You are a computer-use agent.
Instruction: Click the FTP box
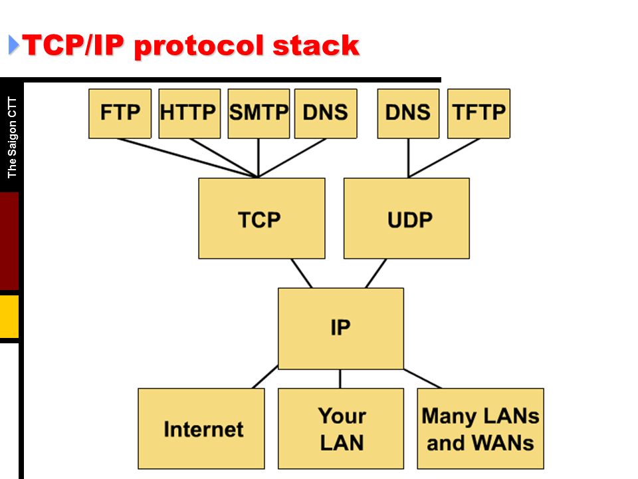[x=120, y=114]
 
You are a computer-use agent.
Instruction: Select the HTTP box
[x=189, y=114]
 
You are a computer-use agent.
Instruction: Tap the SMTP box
[x=259, y=114]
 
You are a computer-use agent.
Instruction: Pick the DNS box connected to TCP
[x=326, y=114]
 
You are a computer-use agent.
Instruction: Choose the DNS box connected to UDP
[x=409, y=114]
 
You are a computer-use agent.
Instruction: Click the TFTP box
[x=479, y=114]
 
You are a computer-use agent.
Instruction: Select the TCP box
[x=262, y=218]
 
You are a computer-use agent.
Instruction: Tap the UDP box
[x=407, y=218]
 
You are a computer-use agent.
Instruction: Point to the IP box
[x=341, y=329]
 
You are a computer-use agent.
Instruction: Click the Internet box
[x=201, y=428]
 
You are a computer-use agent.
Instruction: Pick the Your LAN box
[x=341, y=428]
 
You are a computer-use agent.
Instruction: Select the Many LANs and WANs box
[x=480, y=428]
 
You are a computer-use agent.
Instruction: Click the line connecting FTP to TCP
[x=187, y=158]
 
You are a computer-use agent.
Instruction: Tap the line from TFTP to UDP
[x=444, y=158]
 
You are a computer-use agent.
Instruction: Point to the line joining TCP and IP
[x=302, y=273]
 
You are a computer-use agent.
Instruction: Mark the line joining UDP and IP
[x=376, y=273]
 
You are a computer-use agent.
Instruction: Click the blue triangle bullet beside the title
[x=13, y=45]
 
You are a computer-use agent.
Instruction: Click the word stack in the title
[x=316, y=45]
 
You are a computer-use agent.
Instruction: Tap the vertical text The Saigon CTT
[x=12, y=138]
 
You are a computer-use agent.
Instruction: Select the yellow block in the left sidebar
[x=9, y=317]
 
